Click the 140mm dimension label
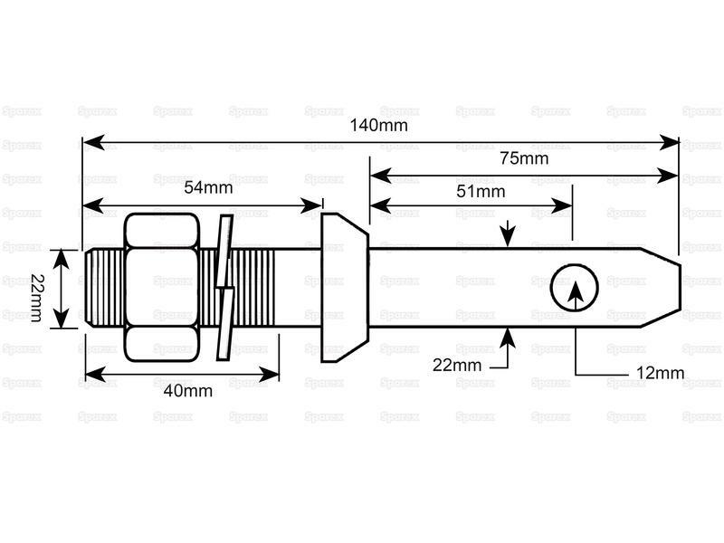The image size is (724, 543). click(378, 125)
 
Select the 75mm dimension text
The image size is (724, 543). click(524, 158)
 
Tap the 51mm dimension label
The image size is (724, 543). click(480, 191)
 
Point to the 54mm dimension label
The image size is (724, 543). click(208, 187)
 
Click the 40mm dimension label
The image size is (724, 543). click(188, 391)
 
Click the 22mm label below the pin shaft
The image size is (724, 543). click(457, 365)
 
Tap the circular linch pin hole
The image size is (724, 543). click(575, 289)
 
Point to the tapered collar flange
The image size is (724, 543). click(344, 288)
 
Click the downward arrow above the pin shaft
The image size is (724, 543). click(509, 236)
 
